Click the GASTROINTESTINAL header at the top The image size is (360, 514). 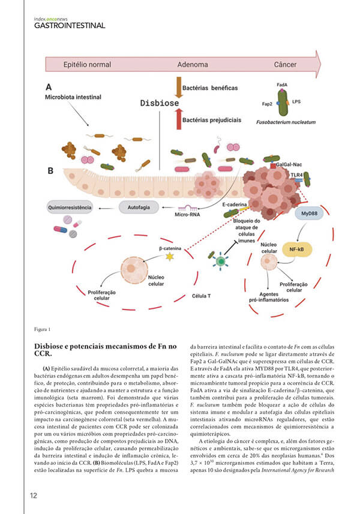(x=70, y=26)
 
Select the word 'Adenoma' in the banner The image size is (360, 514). (x=193, y=64)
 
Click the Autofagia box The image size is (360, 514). (x=139, y=207)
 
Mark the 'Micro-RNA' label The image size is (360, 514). (x=186, y=214)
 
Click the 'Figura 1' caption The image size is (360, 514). (x=43, y=329)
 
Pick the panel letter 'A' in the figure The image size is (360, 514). (x=47, y=86)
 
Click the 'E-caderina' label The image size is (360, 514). (x=235, y=205)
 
